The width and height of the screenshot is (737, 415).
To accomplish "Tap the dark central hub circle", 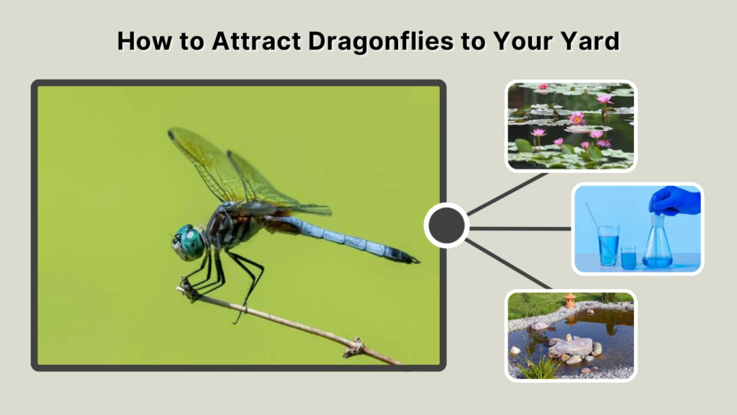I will (446, 226).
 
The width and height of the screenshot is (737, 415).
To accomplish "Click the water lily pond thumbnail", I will (571, 126).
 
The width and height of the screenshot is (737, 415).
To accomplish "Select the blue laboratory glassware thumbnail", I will (638, 228).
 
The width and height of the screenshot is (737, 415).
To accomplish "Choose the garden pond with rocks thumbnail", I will (571, 335).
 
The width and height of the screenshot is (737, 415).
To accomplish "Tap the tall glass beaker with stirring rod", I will (607, 244).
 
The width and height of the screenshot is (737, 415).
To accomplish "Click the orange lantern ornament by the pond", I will (570, 300).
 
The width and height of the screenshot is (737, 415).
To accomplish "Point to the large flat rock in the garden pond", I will (570, 347).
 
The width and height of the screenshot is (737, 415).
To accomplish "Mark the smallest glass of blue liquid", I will (628, 257).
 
